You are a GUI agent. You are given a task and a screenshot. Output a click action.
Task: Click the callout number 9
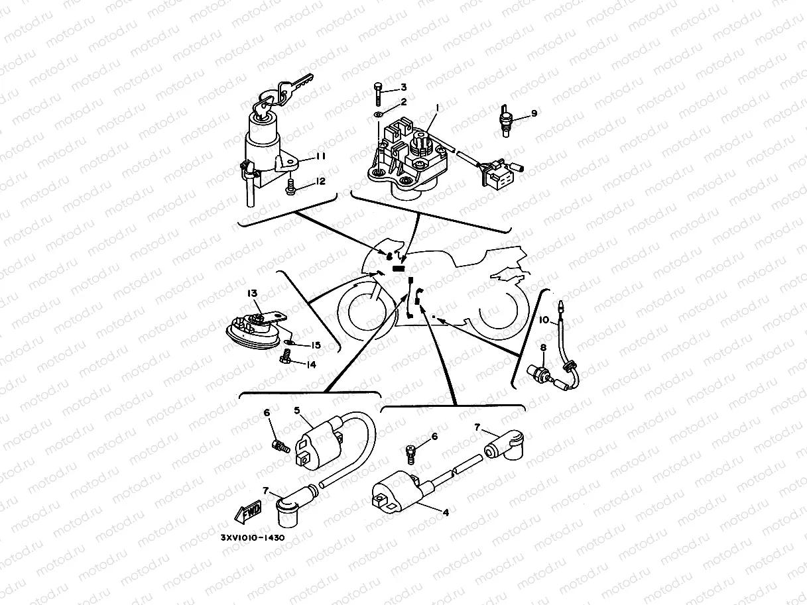534,113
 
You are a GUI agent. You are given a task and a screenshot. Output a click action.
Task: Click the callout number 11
320,156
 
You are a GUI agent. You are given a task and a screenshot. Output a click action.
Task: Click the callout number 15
316,345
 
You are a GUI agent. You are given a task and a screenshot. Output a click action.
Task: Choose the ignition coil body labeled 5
318,445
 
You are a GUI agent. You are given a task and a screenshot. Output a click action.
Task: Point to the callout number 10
543,321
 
